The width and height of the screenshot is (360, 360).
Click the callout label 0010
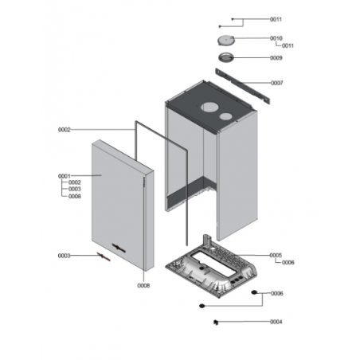coord(276,38)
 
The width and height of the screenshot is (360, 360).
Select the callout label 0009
coord(276,58)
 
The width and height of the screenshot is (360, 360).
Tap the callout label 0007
coord(277,83)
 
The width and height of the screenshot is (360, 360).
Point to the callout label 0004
coord(276,322)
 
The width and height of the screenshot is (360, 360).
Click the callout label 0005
coord(276,255)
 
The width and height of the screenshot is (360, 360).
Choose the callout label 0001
coord(65,176)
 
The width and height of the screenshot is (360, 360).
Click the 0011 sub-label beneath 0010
coord(288,46)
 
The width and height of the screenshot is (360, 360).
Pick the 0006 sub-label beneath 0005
coord(288,263)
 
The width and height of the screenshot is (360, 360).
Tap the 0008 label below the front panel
coord(143,286)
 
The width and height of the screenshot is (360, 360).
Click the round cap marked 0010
coord(226,41)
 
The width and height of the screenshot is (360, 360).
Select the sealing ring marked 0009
coord(226,57)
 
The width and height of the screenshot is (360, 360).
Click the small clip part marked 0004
coord(216,323)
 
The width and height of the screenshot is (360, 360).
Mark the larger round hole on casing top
coord(209,108)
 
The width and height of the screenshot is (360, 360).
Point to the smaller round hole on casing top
coord(226,116)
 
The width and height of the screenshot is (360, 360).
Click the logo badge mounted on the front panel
coord(119,248)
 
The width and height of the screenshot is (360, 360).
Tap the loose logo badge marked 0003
coord(104,256)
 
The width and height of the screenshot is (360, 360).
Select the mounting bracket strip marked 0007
coord(243,87)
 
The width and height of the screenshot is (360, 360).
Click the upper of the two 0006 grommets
coord(254,292)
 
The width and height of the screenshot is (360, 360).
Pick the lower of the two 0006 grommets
coord(202,306)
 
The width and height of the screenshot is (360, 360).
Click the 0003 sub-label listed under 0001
coord(75,189)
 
